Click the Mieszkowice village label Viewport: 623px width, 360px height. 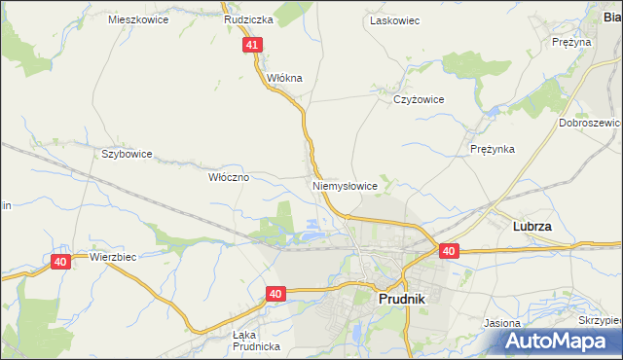tap(138, 19)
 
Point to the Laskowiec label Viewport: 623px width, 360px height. tap(394, 19)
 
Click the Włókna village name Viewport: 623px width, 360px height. tap(285, 78)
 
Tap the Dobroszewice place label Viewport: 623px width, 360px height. tap(591, 124)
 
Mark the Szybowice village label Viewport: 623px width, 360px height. tap(127, 154)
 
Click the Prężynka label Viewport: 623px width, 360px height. tap(492, 149)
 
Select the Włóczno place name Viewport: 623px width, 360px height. tap(230, 178)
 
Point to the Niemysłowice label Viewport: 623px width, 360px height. tap(345, 185)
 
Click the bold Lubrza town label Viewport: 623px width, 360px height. tap(532, 226)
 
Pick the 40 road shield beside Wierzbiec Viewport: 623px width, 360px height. tap(60, 262)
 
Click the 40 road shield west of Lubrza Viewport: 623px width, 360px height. tap(448, 251)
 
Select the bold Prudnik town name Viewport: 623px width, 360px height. tap(399, 302)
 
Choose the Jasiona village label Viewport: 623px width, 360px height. tap(503, 322)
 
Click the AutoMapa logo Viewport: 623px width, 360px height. tap(559, 342)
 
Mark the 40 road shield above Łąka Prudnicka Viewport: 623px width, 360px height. tap(276, 293)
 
